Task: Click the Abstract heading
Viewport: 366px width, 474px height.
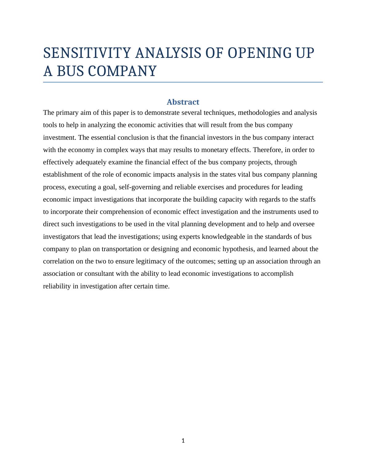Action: (x=183, y=102)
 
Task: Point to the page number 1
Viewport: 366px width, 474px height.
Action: (x=183, y=441)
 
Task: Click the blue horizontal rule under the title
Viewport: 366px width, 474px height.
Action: (x=183, y=82)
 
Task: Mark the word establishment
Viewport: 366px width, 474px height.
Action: (x=63, y=175)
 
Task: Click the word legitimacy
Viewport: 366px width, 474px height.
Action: (x=138, y=261)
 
